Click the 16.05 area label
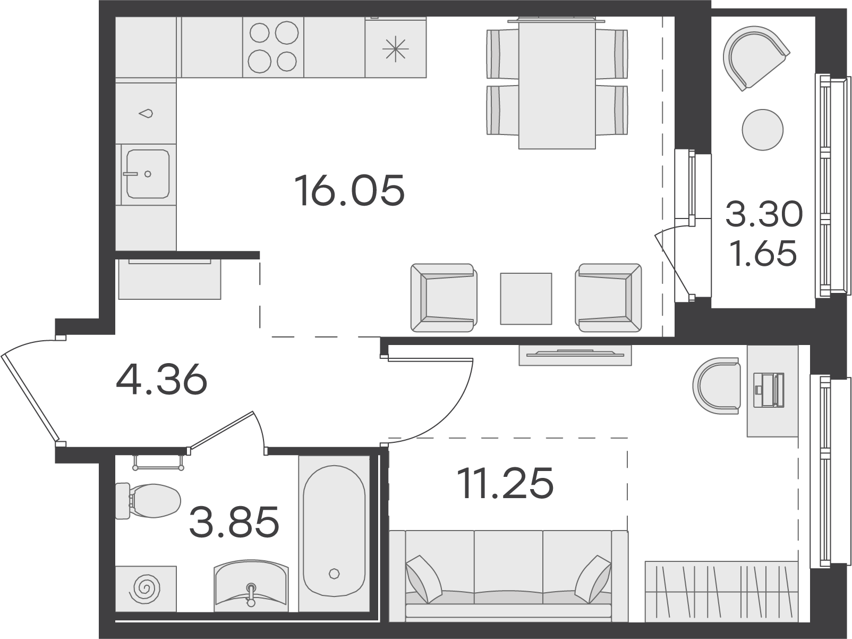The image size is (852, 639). coord(350,190)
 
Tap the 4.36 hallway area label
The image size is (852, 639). coord(161,379)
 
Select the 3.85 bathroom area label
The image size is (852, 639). coord(234,522)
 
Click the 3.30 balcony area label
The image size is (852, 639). coord(764,214)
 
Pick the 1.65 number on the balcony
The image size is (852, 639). coord(763,254)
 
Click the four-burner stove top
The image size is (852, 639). coord(273,47)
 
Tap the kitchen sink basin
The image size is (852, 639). coord(148,174)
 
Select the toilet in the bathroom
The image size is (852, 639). coord(148,501)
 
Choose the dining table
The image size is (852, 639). coord(557,83)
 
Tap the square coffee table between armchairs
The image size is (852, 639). coord(526,299)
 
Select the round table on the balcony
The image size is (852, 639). coord(762,130)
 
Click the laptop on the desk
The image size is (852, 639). coord(769,390)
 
